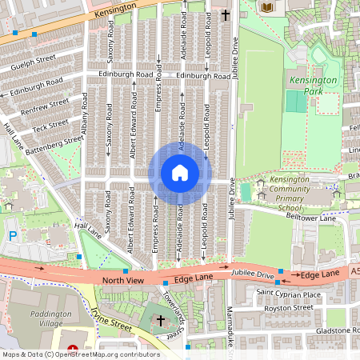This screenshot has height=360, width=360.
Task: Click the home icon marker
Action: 180,173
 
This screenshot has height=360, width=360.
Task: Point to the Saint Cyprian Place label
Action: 289,294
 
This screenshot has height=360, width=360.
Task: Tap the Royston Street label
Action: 287,307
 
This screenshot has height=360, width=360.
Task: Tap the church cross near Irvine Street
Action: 161,322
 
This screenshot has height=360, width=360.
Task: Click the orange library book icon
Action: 267,7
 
